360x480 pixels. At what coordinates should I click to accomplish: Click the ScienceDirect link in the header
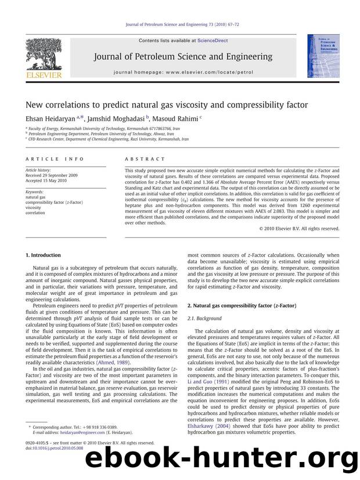point(213,41)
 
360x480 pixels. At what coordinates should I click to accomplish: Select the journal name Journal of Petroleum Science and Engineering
point(180,57)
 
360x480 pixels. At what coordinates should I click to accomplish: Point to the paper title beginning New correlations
point(167,105)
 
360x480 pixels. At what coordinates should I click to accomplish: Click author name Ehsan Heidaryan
point(55,118)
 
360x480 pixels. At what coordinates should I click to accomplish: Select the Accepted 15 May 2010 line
point(48,180)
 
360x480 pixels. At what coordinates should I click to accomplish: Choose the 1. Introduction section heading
point(43,255)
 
